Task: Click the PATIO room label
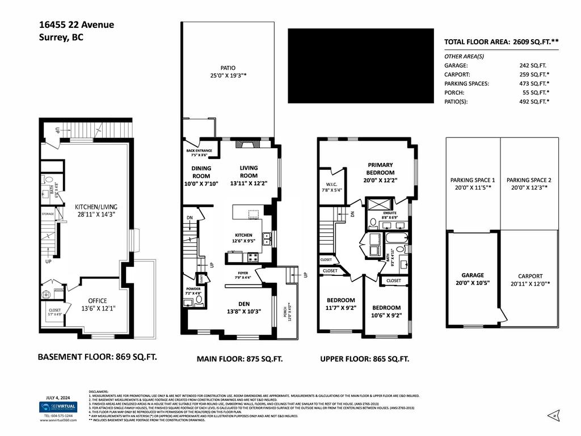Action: (228, 68)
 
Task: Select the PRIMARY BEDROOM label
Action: (380, 169)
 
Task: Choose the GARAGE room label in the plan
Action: (473, 275)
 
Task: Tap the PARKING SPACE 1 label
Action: (473, 180)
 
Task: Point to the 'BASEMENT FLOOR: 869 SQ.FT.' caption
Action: (97, 357)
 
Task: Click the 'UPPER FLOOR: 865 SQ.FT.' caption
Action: (364, 359)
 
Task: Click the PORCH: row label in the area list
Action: (454, 93)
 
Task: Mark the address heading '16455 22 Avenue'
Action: (77, 24)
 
